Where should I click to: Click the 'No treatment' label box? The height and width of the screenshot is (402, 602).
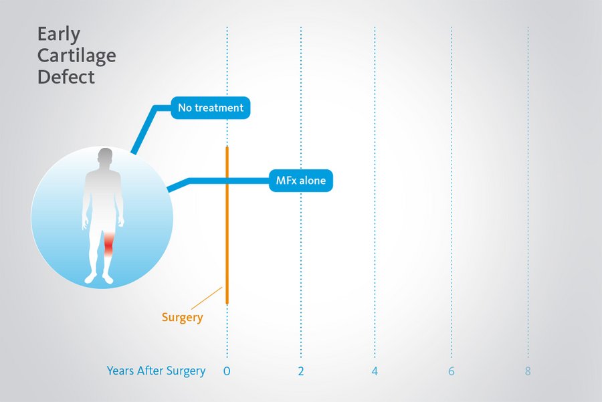(x=211, y=108)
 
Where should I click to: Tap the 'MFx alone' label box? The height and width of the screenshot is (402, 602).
(x=301, y=181)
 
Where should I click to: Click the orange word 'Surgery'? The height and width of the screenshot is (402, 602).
(x=182, y=318)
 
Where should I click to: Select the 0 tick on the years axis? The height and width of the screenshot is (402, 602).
(x=227, y=371)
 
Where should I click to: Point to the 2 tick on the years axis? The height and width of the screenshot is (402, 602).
(x=301, y=371)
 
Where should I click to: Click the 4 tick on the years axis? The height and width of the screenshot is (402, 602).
(x=375, y=371)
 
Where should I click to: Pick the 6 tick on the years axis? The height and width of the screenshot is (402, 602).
(x=451, y=371)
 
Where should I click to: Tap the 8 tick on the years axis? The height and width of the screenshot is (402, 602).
(x=528, y=371)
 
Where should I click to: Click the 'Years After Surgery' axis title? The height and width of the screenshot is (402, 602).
(x=156, y=371)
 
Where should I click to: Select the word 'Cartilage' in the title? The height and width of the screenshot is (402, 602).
(x=76, y=55)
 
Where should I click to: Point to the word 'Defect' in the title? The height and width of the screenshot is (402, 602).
(x=66, y=76)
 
